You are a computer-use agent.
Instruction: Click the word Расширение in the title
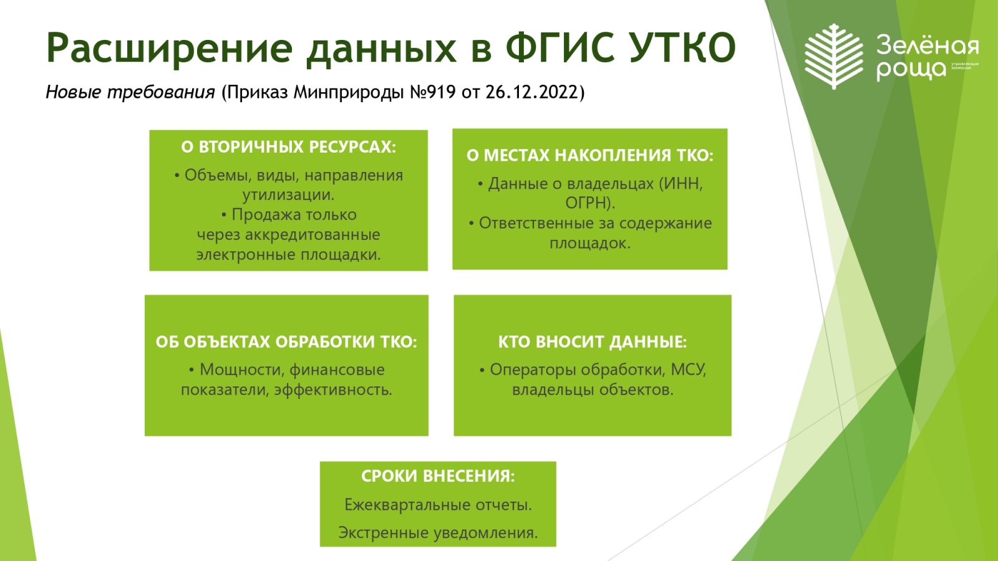pyautogui.click(x=169, y=47)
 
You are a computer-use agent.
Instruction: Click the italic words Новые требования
pyautogui.click(x=130, y=93)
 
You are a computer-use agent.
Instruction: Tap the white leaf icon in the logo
pyautogui.click(x=834, y=56)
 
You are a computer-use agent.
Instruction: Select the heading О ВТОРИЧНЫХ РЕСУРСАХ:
pyautogui.click(x=288, y=147)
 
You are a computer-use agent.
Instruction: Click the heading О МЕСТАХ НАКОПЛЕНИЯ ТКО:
pyautogui.click(x=590, y=155)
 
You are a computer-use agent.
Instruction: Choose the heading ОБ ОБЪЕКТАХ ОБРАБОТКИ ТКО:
pyautogui.click(x=286, y=342)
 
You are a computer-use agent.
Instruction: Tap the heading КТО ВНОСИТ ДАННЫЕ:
pyautogui.click(x=593, y=342)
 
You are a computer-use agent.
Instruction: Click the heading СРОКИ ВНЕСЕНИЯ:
pyautogui.click(x=438, y=476)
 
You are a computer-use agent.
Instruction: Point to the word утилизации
pyautogui.click(x=287, y=195)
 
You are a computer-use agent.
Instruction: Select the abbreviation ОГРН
pyautogui.click(x=587, y=203)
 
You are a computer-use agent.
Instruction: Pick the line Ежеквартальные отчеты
pyautogui.click(x=438, y=504)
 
